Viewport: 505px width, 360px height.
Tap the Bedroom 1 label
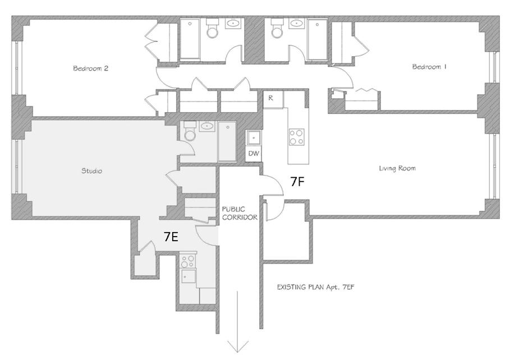coord(429,67)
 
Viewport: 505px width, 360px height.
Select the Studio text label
coord(91,171)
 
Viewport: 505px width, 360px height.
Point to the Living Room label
coord(397,168)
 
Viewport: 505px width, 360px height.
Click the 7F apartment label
coord(298,181)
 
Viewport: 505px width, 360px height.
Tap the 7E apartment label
coord(171,237)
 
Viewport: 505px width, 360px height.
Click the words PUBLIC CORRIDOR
coord(240,213)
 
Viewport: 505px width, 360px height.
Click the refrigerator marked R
coord(270,98)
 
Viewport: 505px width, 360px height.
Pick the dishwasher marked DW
coord(254,153)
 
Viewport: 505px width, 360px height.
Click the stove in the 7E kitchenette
coord(188,261)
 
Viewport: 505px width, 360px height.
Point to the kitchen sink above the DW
coord(254,137)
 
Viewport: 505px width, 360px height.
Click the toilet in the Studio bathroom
coord(189,133)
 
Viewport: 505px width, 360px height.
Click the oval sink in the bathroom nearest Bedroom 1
coord(296,24)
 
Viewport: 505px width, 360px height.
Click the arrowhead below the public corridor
coord(238,344)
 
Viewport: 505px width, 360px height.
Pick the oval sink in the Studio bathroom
coord(206,126)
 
